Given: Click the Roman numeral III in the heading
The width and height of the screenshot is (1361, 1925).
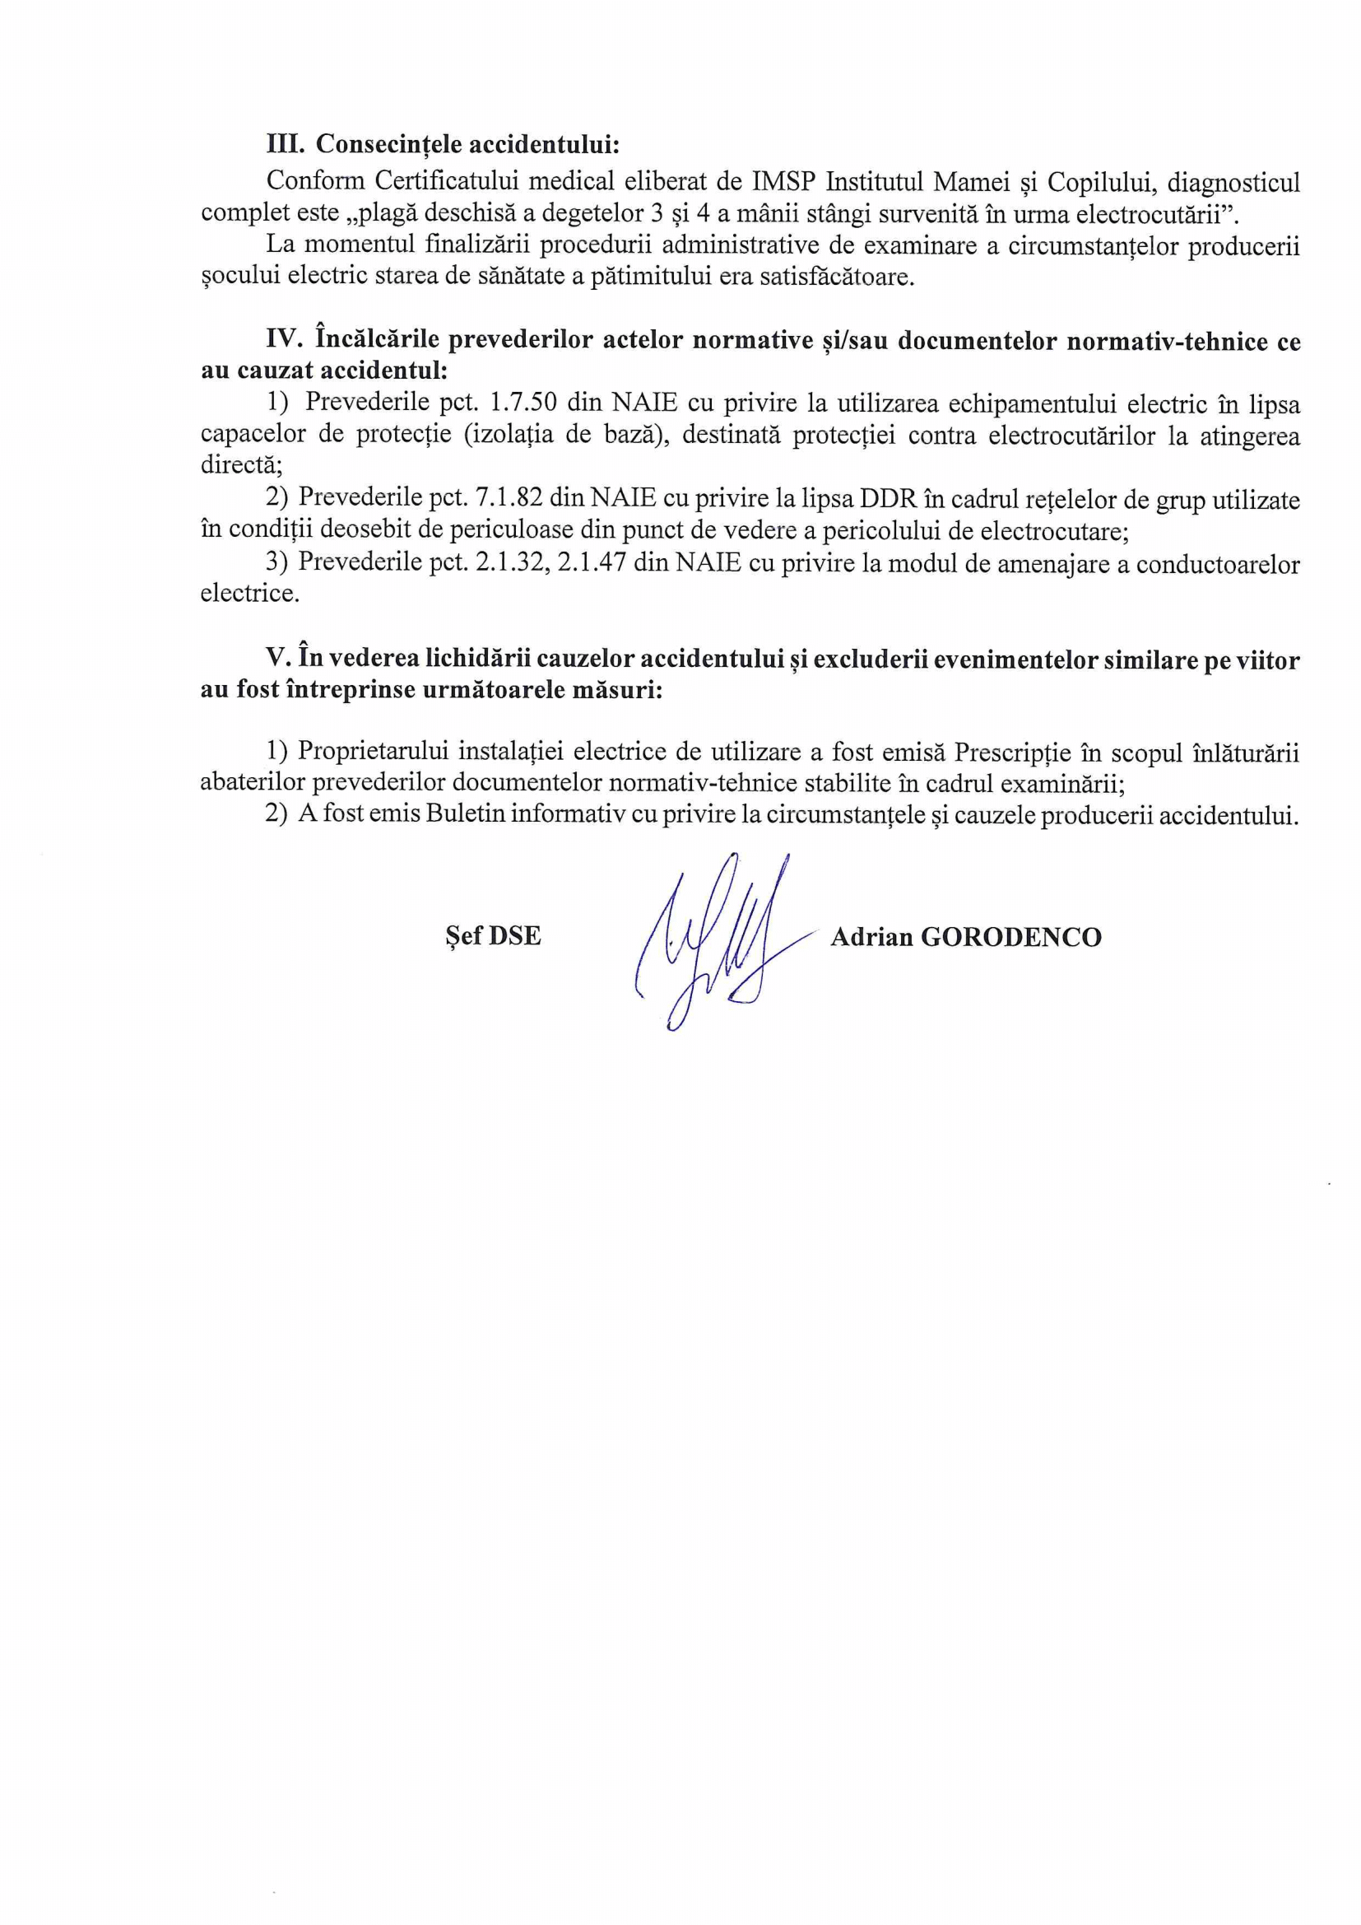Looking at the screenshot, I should pos(286,144).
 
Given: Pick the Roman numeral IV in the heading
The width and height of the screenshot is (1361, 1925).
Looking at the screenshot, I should pos(283,339).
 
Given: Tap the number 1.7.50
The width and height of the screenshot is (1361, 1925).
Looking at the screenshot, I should pos(523,403).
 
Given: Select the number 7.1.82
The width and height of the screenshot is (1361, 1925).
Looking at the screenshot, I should pos(509,499).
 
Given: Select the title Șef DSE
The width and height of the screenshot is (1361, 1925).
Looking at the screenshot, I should pos(493,935).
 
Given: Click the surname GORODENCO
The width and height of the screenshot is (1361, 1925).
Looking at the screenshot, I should pos(1010,936).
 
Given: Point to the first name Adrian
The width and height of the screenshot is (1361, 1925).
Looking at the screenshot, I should pos(871,936).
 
